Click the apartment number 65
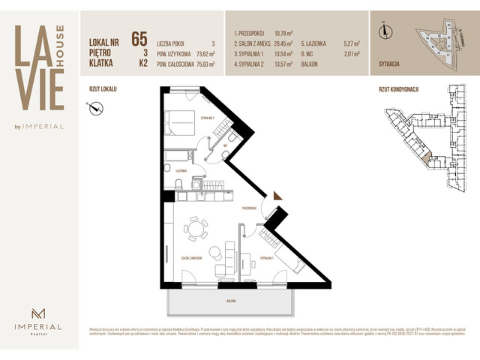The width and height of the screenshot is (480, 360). click(139, 39)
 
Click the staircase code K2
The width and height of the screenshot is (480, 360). click(142, 64)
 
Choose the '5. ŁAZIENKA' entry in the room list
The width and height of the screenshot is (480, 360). click(315, 43)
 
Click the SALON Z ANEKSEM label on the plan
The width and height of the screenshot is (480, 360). click(193, 258)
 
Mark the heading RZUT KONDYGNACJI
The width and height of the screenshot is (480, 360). click(399, 88)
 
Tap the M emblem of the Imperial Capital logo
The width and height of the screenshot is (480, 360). click(36, 314)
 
